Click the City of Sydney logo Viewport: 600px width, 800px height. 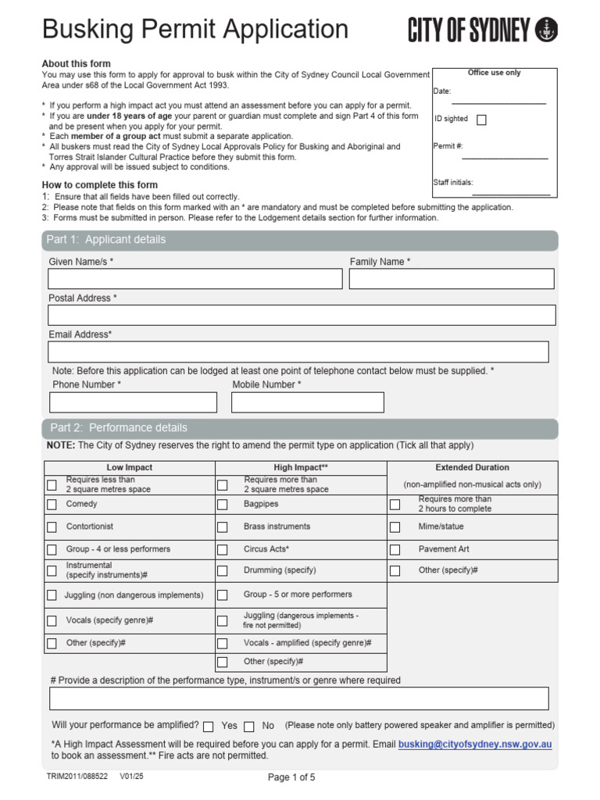pyautogui.click(x=482, y=30)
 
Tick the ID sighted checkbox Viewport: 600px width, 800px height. pyautogui.click(x=481, y=120)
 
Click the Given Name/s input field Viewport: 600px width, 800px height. pyautogui.click(x=195, y=279)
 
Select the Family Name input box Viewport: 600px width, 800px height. pyautogui.click(x=452, y=279)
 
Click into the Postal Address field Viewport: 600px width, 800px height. pyautogui.click(x=302, y=315)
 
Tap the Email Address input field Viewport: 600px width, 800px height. pyautogui.click(x=298, y=352)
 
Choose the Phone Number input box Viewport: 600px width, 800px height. pyautogui.click(x=133, y=402)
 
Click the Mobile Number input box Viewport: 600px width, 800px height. pyautogui.click(x=308, y=402)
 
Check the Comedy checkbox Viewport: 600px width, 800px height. pyautogui.click(x=52, y=505)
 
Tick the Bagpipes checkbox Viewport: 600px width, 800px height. pyautogui.click(x=223, y=505)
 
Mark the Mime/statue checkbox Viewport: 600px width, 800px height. pyautogui.click(x=395, y=527)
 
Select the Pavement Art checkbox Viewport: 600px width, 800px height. pyautogui.click(x=395, y=549)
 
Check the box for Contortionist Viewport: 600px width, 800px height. pyautogui.click(x=52, y=527)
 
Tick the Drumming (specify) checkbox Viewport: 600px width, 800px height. pyautogui.click(x=223, y=571)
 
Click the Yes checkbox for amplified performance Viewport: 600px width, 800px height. pyautogui.click(x=208, y=726)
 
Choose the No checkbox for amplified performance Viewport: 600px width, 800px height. pyautogui.click(x=249, y=726)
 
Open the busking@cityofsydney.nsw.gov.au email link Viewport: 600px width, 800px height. pyautogui.click(x=474, y=745)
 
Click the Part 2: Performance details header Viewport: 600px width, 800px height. pyautogui.click(x=119, y=428)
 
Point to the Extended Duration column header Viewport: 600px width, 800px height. pyautogui.click(x=472, y=467)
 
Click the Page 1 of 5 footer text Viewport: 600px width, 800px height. pyautogui.click(x=291, y=777)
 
